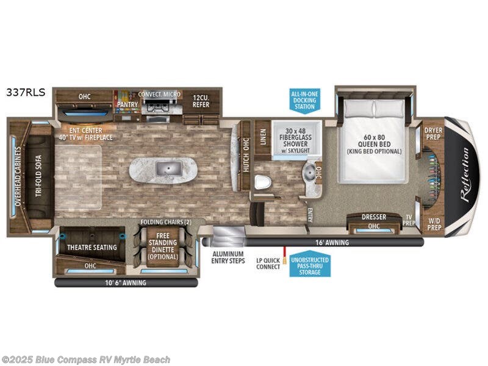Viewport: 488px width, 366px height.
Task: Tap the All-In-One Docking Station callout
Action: (x=304, y=98)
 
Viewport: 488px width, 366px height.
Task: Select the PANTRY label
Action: (x=128, y=104)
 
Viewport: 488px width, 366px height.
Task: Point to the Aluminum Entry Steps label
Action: (x=228, y=257)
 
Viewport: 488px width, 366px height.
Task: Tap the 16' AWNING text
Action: (x=332, y=242)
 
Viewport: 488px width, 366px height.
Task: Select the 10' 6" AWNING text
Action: (x=125, y=282)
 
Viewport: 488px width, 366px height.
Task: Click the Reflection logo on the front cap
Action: (x=463, y=174)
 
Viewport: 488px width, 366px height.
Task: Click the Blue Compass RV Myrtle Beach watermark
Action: (x=86, y=360)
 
